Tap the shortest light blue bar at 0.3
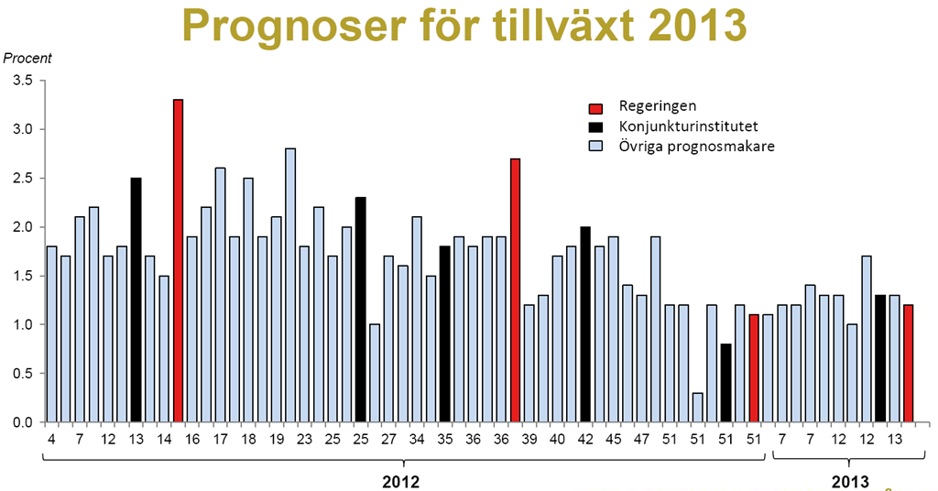click(x=698, y=408)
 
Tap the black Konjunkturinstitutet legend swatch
click(x=596, y=125)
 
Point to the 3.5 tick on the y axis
click(x=22, y=81)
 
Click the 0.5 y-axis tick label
click(x=22, y=374)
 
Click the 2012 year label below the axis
click(x=400, y=481)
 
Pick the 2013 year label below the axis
click(x=850, y=481)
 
